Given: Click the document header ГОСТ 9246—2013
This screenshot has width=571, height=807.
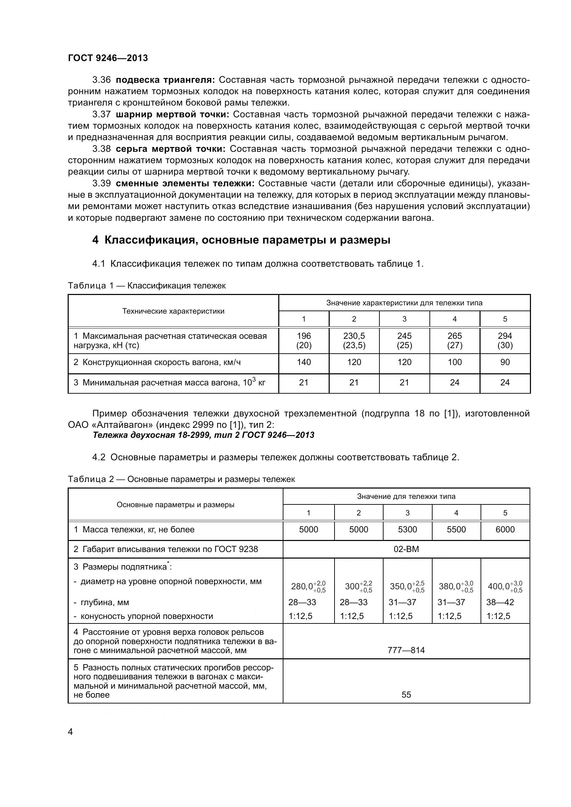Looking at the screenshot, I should [x=108, y=58].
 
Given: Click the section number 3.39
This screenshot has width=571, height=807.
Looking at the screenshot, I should [x=101, y=184].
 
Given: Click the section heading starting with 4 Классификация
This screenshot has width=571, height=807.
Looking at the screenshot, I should [x=241, y=240].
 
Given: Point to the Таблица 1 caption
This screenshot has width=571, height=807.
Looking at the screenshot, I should [x=147, y=285].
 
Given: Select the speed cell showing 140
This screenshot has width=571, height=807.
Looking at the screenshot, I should [x=304, y=362].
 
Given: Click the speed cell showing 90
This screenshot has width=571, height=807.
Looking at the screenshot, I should [x=505, y=362].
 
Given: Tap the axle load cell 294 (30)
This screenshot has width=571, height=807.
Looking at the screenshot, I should [x=505, y=340].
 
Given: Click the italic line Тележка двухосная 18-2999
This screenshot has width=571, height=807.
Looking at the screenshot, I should [x=203, y=435].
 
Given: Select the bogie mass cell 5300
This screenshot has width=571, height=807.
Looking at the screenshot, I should [x=407, y=529].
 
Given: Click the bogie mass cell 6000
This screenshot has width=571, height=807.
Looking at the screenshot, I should [x=505, y=529].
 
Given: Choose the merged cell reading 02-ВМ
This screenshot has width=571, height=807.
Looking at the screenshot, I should [x=406, y=549].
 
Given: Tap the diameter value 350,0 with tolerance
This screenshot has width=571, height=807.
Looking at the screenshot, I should [x=406, y=586].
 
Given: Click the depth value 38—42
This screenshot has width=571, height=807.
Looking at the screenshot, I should [x=500, y=602].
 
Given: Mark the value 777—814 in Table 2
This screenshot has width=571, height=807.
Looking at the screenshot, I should [x=406, y=650].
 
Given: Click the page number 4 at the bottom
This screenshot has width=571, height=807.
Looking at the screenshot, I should [x=70, y=732].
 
